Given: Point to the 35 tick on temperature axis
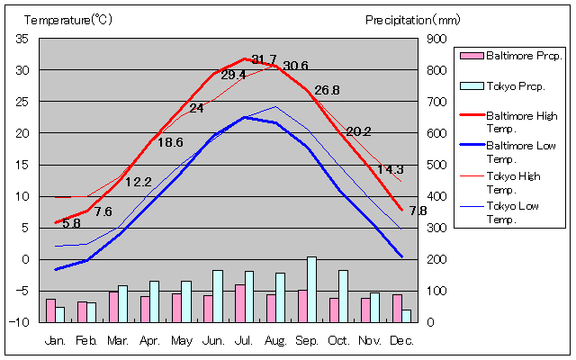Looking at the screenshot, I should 22,39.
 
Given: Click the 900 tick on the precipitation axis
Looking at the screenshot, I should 436,39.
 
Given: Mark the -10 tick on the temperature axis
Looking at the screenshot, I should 21,322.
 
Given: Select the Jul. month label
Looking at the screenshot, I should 245,341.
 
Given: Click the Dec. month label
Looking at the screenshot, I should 402,341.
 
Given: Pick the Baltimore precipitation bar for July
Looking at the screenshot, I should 239,303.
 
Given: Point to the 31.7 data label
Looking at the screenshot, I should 264,59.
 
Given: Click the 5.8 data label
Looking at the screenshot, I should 71,223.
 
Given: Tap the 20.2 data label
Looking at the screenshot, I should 358,131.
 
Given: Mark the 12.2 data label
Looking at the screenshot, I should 138,182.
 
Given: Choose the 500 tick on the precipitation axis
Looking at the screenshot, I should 436,165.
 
